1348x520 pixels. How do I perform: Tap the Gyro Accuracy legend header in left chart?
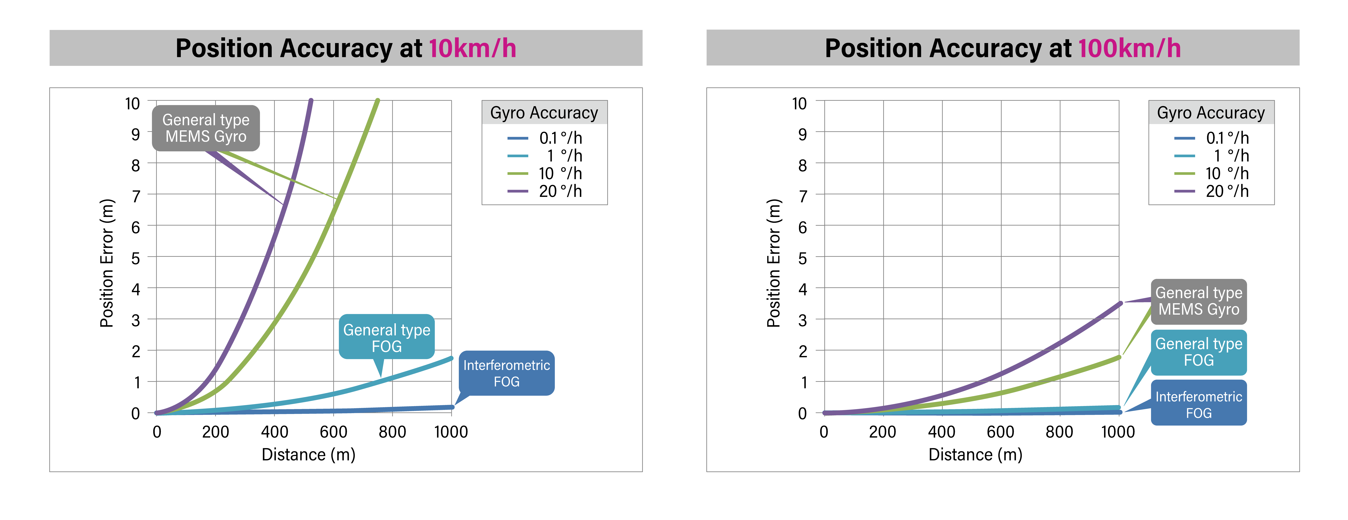[x=544, y=112]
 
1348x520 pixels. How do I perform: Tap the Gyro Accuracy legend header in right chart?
[x=1211, y=112]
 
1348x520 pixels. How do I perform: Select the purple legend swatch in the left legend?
[x=518, y=191]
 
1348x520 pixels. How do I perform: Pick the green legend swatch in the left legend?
[x=518, y=173]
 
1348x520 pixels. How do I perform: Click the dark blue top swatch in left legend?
[x=518, y=138]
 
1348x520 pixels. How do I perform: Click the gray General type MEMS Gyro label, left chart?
[x=206, y=128]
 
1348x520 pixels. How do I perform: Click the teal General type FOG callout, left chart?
[x=387, y=337]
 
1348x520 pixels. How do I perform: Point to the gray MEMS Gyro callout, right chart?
[x=1198, y=301]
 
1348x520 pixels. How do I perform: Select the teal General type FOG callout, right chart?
[x=1198, y=352]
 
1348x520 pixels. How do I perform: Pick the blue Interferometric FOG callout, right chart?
[x=1198, y=404]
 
